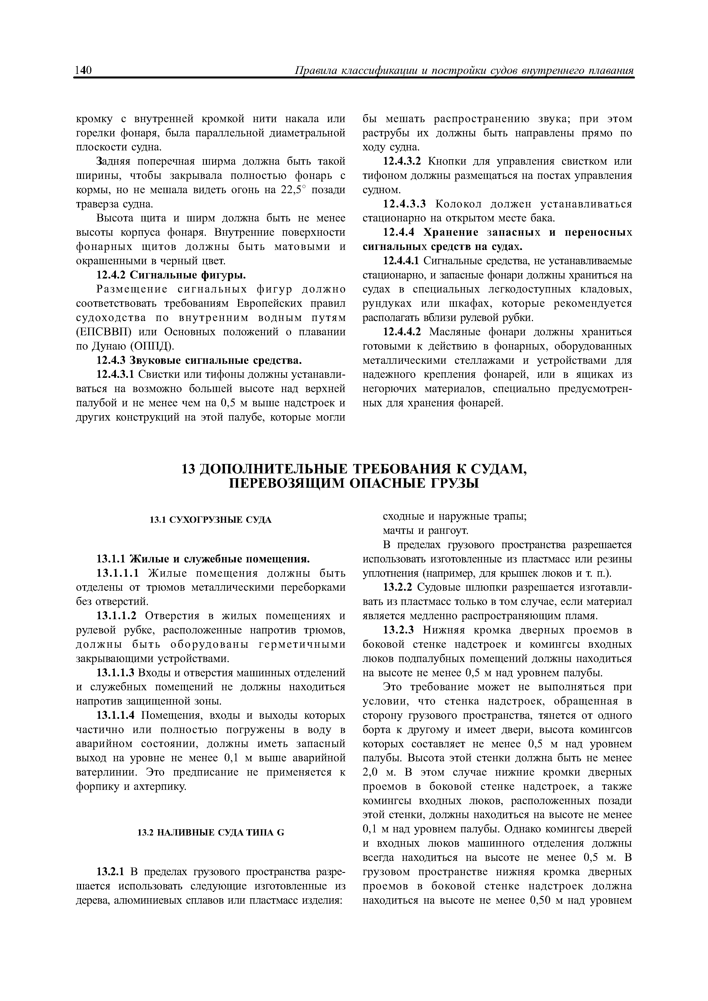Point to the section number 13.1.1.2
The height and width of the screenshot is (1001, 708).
(116, 615)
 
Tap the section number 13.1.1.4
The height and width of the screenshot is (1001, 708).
(116, 715)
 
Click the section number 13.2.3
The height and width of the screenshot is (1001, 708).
(398, 630)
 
